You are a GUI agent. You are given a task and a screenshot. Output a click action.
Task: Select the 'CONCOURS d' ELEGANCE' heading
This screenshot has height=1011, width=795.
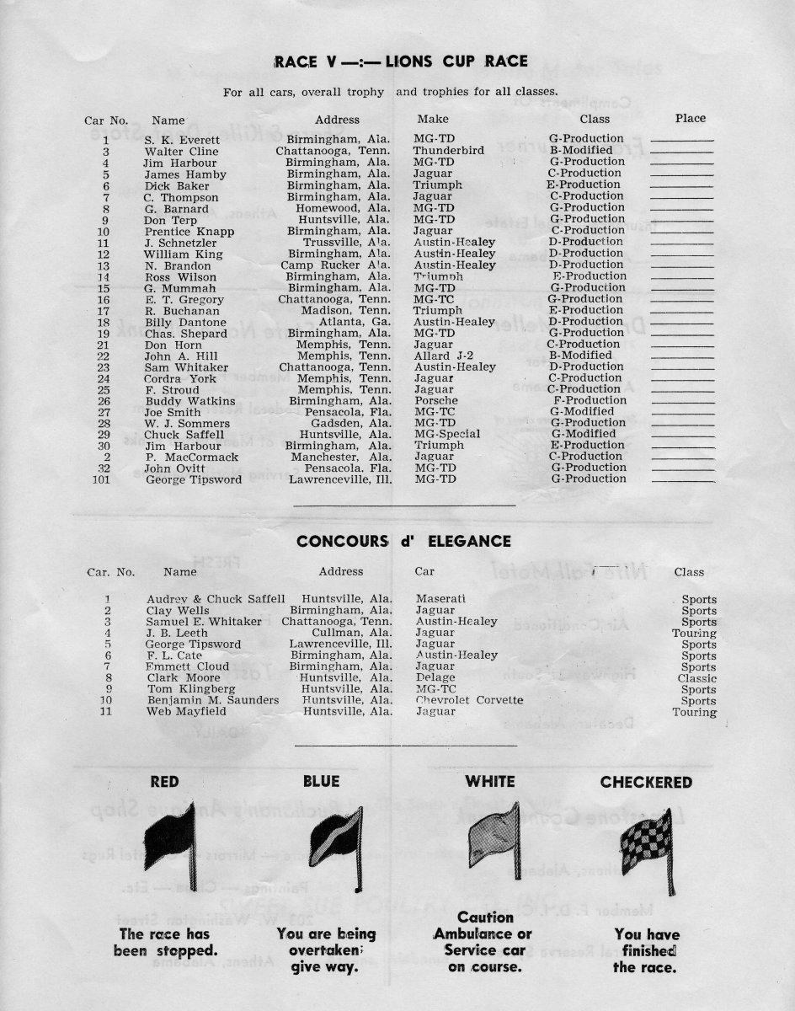[x=403, y=542]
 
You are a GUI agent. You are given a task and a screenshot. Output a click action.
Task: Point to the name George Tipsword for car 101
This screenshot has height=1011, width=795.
[x=194, y=479]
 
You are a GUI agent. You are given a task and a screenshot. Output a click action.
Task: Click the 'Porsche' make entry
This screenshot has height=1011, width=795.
[x=436, y=400]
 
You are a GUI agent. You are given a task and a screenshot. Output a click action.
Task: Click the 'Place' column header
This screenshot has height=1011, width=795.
[x=690, y=119]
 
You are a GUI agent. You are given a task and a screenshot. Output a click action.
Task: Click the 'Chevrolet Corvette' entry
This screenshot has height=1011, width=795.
[x=469, y=700]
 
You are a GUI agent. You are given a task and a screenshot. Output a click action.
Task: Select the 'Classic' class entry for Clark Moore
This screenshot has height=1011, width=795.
[x=696, y=678]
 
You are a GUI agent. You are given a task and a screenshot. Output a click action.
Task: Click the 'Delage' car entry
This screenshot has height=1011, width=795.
[x=435, y=678]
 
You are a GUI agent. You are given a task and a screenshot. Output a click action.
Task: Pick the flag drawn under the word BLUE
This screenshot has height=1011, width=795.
[x=336, y=842]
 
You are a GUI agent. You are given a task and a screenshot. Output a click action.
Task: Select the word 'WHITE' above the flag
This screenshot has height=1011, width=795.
[x=490, y=783]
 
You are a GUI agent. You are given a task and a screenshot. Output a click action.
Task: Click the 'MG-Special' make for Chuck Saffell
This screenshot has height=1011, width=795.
[x=447, y=434]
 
